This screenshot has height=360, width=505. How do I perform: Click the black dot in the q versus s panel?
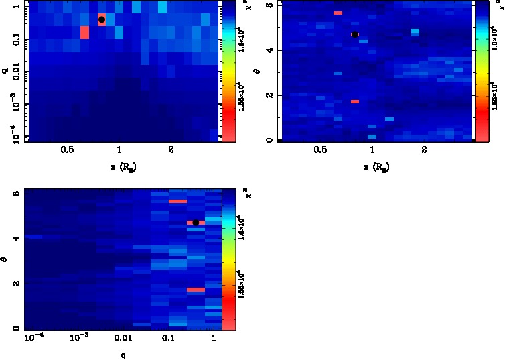pyautogui.click(x=102, y=19)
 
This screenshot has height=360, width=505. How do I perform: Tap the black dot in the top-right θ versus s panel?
pyautogui.click(x=355, y=34)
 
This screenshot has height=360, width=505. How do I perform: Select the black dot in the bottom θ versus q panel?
pyautogui.click(x=196, y=223)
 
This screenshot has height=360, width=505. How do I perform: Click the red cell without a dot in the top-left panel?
pyautogui.click(x=84, y=32)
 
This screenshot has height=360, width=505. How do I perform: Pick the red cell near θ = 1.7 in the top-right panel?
pyautogui.click(x=355, y=101)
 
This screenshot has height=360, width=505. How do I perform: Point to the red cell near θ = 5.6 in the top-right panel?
pyautogui.click(x=338, y=13)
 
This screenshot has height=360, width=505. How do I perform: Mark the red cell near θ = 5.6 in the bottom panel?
pyautogui.click(x=177, y=201)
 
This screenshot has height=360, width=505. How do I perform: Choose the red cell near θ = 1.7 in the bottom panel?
pyautogui.click(x=196, y=290)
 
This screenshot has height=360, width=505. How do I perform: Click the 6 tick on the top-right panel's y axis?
pyautogui.click(x=268, y=5)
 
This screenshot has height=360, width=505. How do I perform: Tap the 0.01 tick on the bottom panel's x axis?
pyautogui.click(x=122, y=338)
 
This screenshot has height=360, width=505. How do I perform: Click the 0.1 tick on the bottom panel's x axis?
pyautogui.click(x=168, y=338)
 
